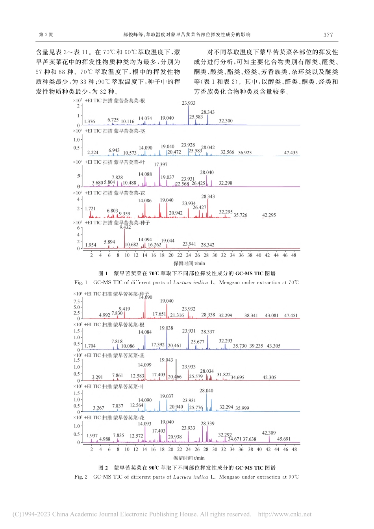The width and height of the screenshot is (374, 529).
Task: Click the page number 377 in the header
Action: coord(328,35)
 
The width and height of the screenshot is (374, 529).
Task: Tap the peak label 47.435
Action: coord(291,153)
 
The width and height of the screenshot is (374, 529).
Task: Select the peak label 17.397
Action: coord(161,165)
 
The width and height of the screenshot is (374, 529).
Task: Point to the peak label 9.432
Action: coord(125,227)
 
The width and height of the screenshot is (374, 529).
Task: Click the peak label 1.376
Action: coord(89,122)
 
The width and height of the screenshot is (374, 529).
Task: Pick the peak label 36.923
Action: coord(245,153)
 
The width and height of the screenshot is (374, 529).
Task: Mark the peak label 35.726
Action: coord(241,215)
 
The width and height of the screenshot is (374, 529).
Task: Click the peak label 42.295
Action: coord(269,215)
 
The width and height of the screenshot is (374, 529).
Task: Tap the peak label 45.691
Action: coord(284,439)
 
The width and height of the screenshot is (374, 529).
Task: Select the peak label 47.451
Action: coord(291,316)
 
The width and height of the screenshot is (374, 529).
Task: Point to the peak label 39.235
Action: coord(256,346)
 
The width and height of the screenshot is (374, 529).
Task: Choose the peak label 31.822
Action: coord(224,375)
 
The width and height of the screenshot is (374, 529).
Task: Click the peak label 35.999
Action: coord(242,408)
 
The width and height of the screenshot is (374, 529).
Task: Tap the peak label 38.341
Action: coord(251,316)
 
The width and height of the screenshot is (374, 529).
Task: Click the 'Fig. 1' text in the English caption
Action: coord(81,283)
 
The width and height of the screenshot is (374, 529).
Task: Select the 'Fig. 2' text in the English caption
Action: coord(81,477)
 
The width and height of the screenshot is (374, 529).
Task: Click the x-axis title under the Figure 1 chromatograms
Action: coord(189,263)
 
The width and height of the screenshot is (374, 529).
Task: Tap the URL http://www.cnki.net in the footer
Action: coord(285,514)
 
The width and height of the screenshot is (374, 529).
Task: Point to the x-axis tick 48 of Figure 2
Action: coord(294,449)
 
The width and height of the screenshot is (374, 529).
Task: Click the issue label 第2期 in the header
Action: coord(46,35)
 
